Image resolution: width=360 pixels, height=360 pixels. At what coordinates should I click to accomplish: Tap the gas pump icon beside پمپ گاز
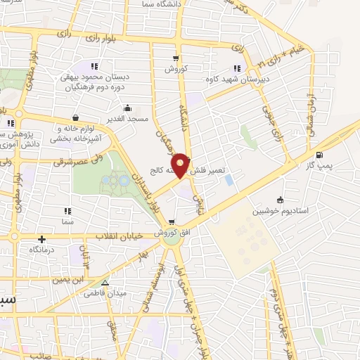320,155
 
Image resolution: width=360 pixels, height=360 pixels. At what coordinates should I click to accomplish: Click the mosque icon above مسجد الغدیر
128,108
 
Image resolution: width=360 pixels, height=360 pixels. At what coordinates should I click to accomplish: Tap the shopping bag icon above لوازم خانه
75,119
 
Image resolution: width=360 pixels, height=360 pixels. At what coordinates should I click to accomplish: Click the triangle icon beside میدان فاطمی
105,283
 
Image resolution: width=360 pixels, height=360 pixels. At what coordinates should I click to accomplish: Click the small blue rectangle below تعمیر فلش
229,181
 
